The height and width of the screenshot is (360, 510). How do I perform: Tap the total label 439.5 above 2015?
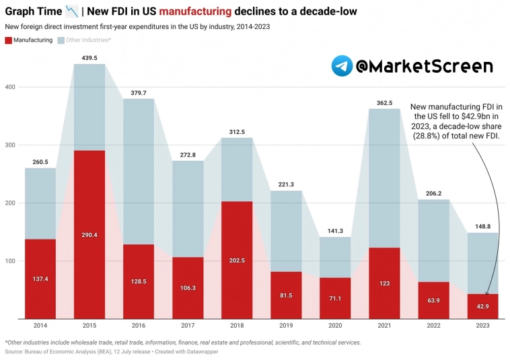[x=89, y=58]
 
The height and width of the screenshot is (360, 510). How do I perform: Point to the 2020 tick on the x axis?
[x=336, y=326]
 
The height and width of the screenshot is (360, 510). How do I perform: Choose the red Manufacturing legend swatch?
[x=8, y=40]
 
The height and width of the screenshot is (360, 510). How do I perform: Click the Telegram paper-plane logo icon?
[x=342, y=66]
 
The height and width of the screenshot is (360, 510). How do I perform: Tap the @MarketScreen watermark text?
[x=424, y=66]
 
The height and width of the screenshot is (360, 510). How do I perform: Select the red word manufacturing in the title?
[x=188, y=11]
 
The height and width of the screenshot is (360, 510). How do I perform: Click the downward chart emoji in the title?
[x=72, y=11]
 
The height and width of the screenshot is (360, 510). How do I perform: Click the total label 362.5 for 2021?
[x=385, y=103]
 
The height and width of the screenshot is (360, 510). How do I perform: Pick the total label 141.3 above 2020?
[x=336, y=231]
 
